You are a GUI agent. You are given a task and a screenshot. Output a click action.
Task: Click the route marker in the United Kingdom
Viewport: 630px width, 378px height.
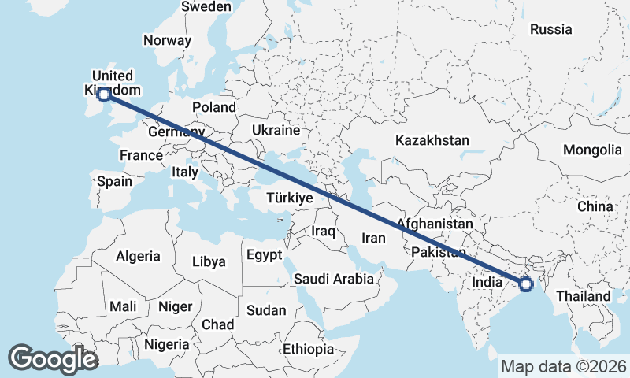103,94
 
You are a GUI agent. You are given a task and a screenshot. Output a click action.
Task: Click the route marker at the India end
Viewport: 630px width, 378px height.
526,284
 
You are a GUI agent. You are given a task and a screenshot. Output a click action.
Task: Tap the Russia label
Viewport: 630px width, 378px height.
550,29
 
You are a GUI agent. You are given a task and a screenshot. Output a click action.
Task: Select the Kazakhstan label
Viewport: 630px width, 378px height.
432,140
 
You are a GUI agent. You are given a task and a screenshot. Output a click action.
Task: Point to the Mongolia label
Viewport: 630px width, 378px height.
592,150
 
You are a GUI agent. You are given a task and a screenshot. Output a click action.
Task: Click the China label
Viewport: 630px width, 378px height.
595,206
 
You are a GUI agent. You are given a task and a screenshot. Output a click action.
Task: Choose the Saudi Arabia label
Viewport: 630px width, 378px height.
333,278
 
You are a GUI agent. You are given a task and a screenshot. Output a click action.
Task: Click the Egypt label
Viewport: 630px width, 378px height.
264,255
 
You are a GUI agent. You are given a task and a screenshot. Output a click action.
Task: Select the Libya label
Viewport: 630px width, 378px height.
209,261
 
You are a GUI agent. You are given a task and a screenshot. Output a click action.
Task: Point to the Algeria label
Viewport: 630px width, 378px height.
138,256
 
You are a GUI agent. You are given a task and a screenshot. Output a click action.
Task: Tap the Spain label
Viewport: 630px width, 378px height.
115,181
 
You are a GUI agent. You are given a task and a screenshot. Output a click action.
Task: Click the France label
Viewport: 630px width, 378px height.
141,155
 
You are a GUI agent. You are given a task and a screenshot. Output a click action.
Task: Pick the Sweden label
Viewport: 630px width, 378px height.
206,6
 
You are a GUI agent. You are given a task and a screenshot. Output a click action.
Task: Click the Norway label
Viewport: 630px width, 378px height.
167,41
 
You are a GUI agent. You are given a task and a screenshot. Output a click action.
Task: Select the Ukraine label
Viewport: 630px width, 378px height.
276,130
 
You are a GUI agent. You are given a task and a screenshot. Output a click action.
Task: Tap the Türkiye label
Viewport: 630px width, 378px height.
290,198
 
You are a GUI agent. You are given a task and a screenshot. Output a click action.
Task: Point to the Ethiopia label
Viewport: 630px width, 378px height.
309,348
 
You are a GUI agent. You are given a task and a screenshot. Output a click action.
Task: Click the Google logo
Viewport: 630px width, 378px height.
53,359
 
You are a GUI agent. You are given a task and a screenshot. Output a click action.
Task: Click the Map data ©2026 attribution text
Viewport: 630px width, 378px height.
564,366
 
